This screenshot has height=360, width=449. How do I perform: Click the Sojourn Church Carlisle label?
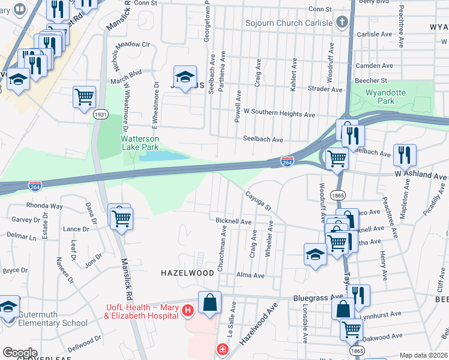tap(288, 23)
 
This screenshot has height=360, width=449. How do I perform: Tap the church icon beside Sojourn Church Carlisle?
tap(342, 23)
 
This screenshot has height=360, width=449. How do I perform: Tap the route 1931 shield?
tap(101, 114)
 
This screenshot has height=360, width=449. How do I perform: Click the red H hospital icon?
tap(188, 310)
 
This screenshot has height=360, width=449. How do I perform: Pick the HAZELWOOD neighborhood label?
tap(187, 273)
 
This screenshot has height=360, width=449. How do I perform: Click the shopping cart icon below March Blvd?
tap(85, 97)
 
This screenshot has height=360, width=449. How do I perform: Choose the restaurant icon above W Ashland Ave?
tap(405, 155)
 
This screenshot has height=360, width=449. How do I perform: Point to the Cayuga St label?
tap(259, 200)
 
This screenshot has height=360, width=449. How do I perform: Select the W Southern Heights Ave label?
tap(279, 114)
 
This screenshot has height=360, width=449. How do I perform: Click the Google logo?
tap(20, 353)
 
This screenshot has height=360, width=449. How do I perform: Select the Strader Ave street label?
tap(324, 89)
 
